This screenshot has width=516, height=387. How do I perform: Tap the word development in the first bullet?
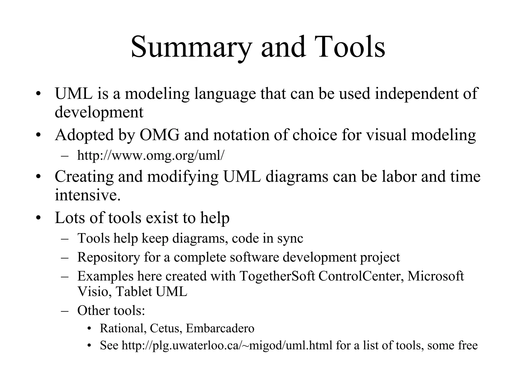(99, 112)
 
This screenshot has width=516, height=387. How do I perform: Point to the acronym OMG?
(159, 135)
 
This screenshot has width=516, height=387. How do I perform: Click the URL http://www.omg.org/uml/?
(150, 155)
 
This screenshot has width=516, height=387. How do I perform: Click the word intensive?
(88, 195)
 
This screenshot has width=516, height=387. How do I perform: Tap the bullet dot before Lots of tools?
(38, 218)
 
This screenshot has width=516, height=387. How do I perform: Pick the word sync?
(290, 238)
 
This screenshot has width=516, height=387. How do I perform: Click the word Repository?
(109, 257)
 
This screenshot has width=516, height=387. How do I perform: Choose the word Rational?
(123, 329)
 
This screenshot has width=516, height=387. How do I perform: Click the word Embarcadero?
(220, 329)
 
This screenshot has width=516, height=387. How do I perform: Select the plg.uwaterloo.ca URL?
(227, 345)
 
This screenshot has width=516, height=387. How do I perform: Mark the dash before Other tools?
(65, 311)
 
